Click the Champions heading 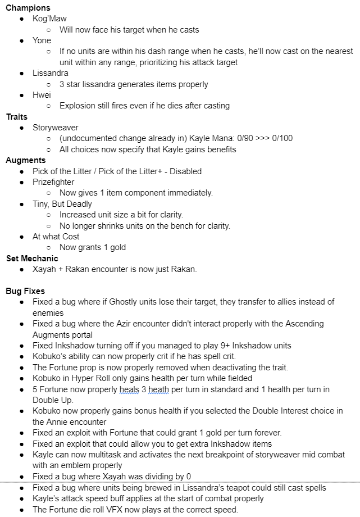28,8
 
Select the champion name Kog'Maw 49,19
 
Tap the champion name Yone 42,40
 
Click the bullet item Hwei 42,95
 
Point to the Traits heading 17,117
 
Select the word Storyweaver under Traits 56,128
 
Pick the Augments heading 26,160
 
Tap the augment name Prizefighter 53,182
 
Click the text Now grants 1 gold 93,247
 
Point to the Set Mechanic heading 32,258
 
